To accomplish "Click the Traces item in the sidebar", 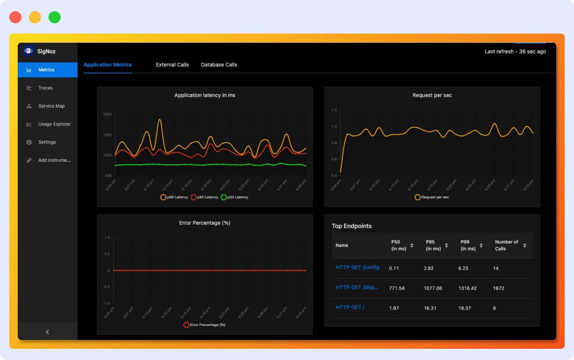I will point(45,88).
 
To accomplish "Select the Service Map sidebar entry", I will point(51,106).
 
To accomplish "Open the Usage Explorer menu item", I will point(54,124).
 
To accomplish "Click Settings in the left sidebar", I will point(47,142).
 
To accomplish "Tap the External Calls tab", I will point(172,65).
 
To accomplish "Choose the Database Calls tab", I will point(219,65).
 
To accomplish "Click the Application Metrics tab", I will point(107,65).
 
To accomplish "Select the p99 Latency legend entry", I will point(174,197).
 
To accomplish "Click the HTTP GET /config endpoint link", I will point(357,268).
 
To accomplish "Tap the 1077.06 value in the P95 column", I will point(433,288).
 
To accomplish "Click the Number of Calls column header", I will point(506,245).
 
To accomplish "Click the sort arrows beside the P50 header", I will point(412,245).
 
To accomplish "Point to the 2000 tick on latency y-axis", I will point(107,114).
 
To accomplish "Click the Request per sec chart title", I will point(432,95).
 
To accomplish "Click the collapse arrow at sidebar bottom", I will point(47,332).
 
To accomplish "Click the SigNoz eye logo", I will point(28,51).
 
